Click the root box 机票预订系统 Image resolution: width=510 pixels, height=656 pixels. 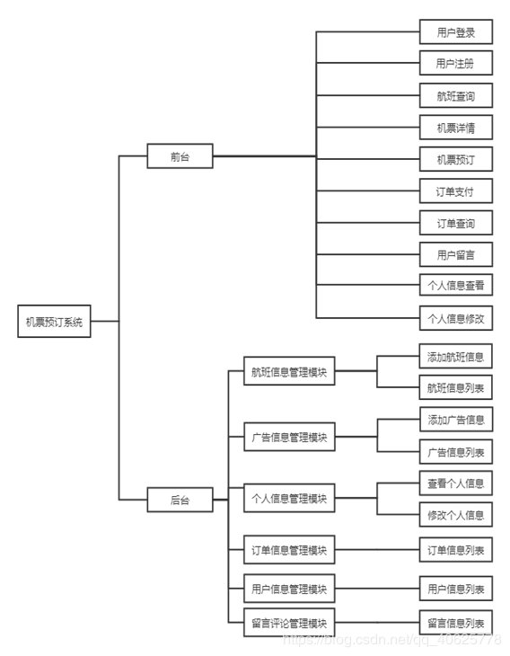tap(54, 322)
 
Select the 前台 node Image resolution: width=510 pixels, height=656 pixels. tap(180, 156)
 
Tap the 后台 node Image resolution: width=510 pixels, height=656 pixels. tap(180, 500)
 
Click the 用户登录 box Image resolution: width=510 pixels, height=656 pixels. tap(455, 33)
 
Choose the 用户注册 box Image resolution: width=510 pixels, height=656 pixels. tap(455, 64)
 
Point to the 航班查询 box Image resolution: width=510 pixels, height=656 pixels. tap(455, 96)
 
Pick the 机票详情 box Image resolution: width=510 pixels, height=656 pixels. tap(455, 128)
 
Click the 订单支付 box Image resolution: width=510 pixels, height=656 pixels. tap(455, 191)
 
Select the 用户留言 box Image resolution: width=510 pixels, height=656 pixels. tap(455, 254)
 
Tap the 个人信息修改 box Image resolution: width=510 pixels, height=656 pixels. tap(455, 318)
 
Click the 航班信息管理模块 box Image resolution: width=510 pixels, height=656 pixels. tap(289, 372)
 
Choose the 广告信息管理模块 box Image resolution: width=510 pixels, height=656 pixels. tap(289, 438)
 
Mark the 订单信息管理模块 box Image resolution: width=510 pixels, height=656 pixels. tap(289, 550)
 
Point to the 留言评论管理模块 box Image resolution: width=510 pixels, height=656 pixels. tap(289, 622)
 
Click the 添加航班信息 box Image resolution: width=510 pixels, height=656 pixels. tap(455, 356)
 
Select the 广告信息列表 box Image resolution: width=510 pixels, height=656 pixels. tap(455, 452)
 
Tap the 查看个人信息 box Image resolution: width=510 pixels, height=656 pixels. tap(455, 483)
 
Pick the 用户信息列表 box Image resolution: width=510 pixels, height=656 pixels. tap(455, 590)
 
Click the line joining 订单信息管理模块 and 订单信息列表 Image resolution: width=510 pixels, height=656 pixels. tap(377, 550)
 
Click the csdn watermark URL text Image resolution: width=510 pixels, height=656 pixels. tap(391, 640)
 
